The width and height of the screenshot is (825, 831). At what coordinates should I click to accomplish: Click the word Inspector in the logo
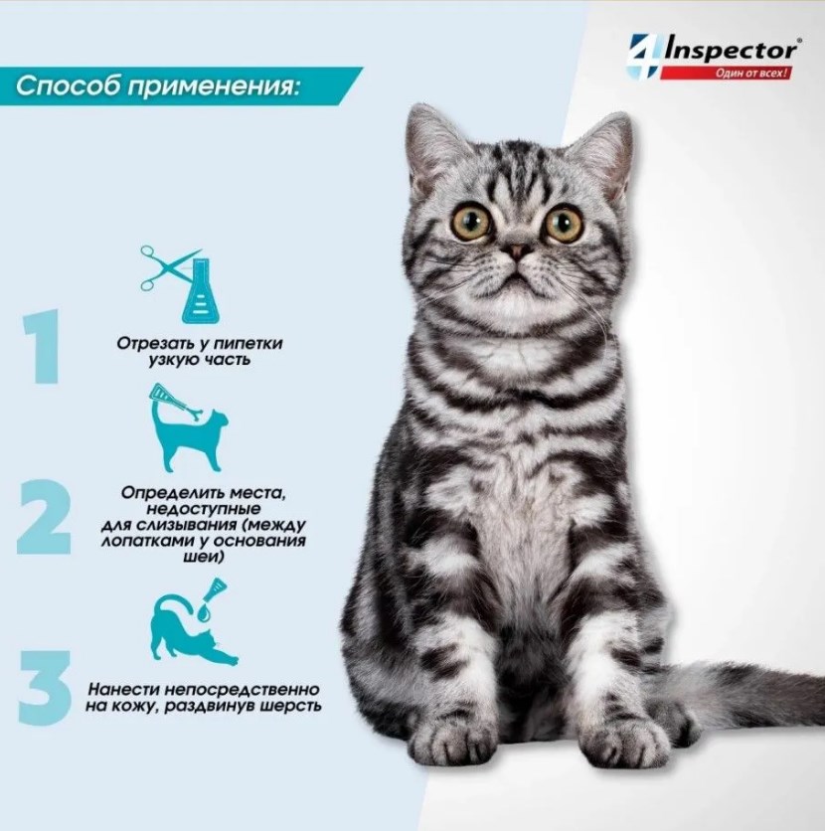731,51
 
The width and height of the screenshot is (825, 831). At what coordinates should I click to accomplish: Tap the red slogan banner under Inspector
726,73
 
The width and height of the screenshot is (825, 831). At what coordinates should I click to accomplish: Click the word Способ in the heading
68,85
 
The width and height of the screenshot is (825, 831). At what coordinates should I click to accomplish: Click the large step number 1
42,347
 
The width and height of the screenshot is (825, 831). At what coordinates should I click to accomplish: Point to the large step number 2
44,517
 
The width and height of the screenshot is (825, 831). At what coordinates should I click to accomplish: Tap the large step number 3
45,688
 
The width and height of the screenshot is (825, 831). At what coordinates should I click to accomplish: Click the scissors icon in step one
167,267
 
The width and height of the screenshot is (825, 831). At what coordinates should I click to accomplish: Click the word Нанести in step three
124,690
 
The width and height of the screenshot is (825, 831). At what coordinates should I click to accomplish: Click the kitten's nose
517,250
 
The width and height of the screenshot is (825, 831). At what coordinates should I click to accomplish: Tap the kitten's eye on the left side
471,222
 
